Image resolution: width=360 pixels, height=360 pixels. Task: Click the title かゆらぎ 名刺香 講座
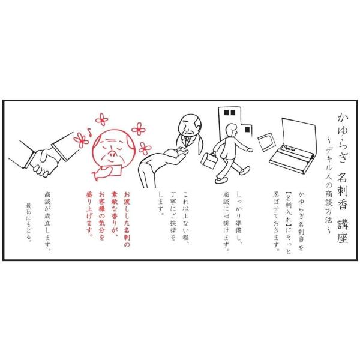tap(343, 178)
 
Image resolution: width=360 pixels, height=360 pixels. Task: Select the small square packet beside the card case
tap(266, 142)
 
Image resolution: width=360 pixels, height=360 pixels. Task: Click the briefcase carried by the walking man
tap(208, 161)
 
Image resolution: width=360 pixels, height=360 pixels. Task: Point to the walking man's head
tap(231, 130)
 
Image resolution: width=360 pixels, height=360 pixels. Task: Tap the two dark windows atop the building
tap(230, 113)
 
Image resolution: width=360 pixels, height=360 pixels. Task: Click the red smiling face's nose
tap(113, 153)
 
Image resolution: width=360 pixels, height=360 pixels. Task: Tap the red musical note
tap(89, 133)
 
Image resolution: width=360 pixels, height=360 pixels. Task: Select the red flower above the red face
tap(102, 119)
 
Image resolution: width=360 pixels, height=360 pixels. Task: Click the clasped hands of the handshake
tap(44, 161)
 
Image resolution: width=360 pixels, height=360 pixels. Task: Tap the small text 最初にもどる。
tap(29, 221)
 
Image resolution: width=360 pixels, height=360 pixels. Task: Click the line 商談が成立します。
tap(47, 221)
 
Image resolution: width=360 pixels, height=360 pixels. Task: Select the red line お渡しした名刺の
tap(127, 220)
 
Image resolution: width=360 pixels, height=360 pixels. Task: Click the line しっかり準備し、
tap(239, 218)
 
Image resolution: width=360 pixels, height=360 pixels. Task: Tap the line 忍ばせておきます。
tap(276, 221)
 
